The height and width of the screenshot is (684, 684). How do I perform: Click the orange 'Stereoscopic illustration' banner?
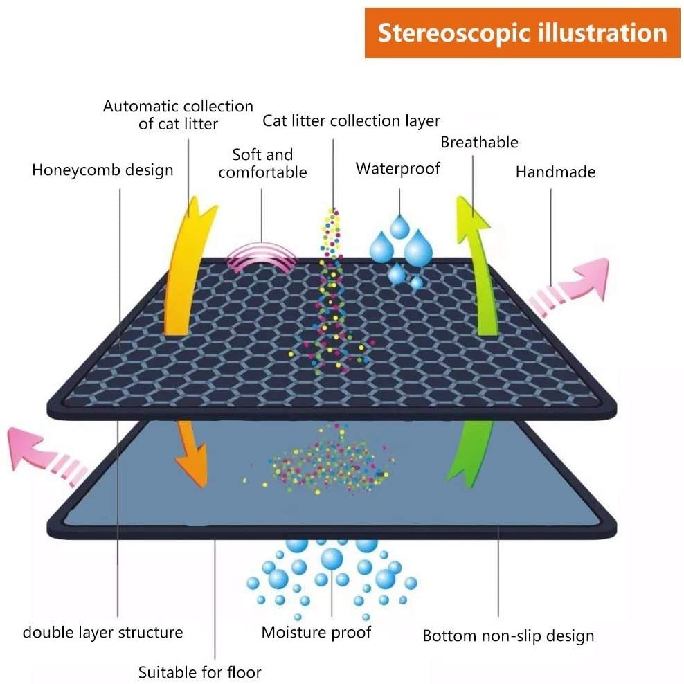(x=523, y=33)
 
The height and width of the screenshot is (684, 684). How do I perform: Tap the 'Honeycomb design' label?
(x=102, y=170)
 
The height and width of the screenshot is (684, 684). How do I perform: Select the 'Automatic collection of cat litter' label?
(x=178, y=115)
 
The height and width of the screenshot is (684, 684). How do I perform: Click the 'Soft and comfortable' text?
(x=262, y=163)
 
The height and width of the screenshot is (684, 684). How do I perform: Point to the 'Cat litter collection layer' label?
(x=351, y=120)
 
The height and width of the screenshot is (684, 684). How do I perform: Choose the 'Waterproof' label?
(x=398, y=168)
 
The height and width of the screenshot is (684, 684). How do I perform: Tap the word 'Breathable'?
(x=479, y=142)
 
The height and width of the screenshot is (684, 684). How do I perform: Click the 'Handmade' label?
(x=555, y=172)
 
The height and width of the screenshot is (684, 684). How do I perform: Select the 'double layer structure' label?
(x=102, y=632)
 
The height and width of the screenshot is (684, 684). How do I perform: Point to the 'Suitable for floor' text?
(x=199, y=672)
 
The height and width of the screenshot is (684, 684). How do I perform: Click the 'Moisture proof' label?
(x=316, y=632)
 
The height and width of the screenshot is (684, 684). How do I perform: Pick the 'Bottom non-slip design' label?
(x=508, y=636)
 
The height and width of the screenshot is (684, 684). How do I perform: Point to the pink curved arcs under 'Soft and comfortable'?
(x=262, y=260)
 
